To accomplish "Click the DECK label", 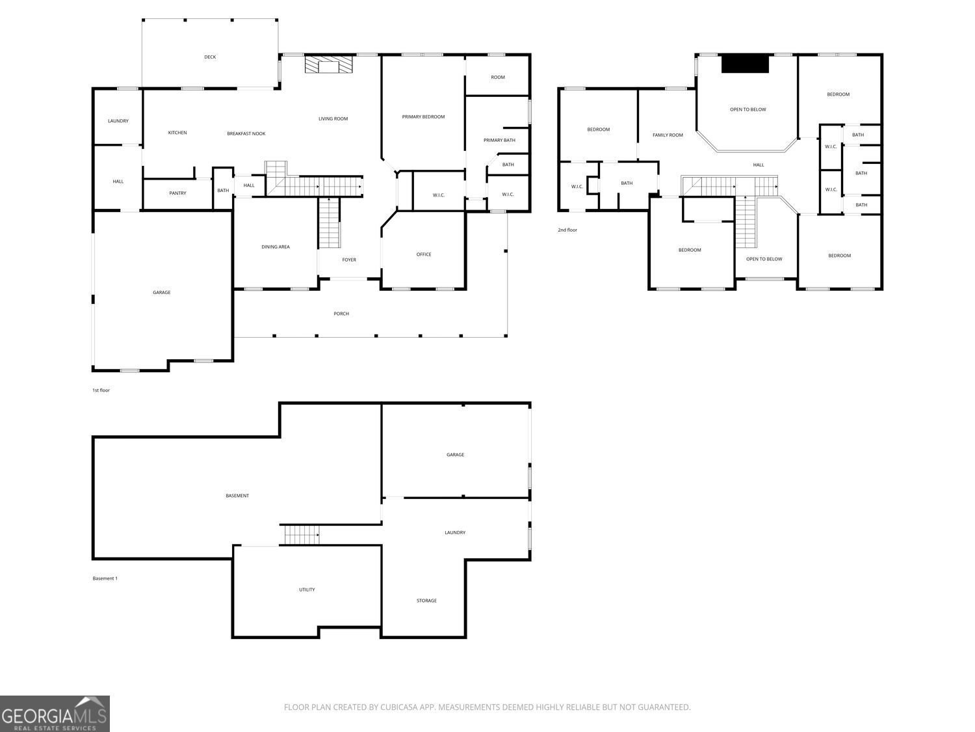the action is point(210,57).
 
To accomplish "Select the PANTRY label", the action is point(177,193).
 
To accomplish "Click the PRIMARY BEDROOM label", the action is point(423,117).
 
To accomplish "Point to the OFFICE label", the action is point(424,254).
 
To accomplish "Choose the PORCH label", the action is point(341,314).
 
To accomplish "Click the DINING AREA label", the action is point(276,247).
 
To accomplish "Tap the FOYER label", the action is point(349,260).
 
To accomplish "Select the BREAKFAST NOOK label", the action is point(246,134).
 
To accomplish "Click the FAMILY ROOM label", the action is point(668,135).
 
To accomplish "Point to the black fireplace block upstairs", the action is point(745,64).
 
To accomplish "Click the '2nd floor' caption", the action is point(567,230).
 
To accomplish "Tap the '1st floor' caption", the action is point(101,390).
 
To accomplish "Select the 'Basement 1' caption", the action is point(105,578).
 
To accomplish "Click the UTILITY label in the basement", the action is point(307,590).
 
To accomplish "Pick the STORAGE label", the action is point(426,601).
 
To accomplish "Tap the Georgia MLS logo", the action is point(55,714).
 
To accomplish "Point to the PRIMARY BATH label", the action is point(499,141).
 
